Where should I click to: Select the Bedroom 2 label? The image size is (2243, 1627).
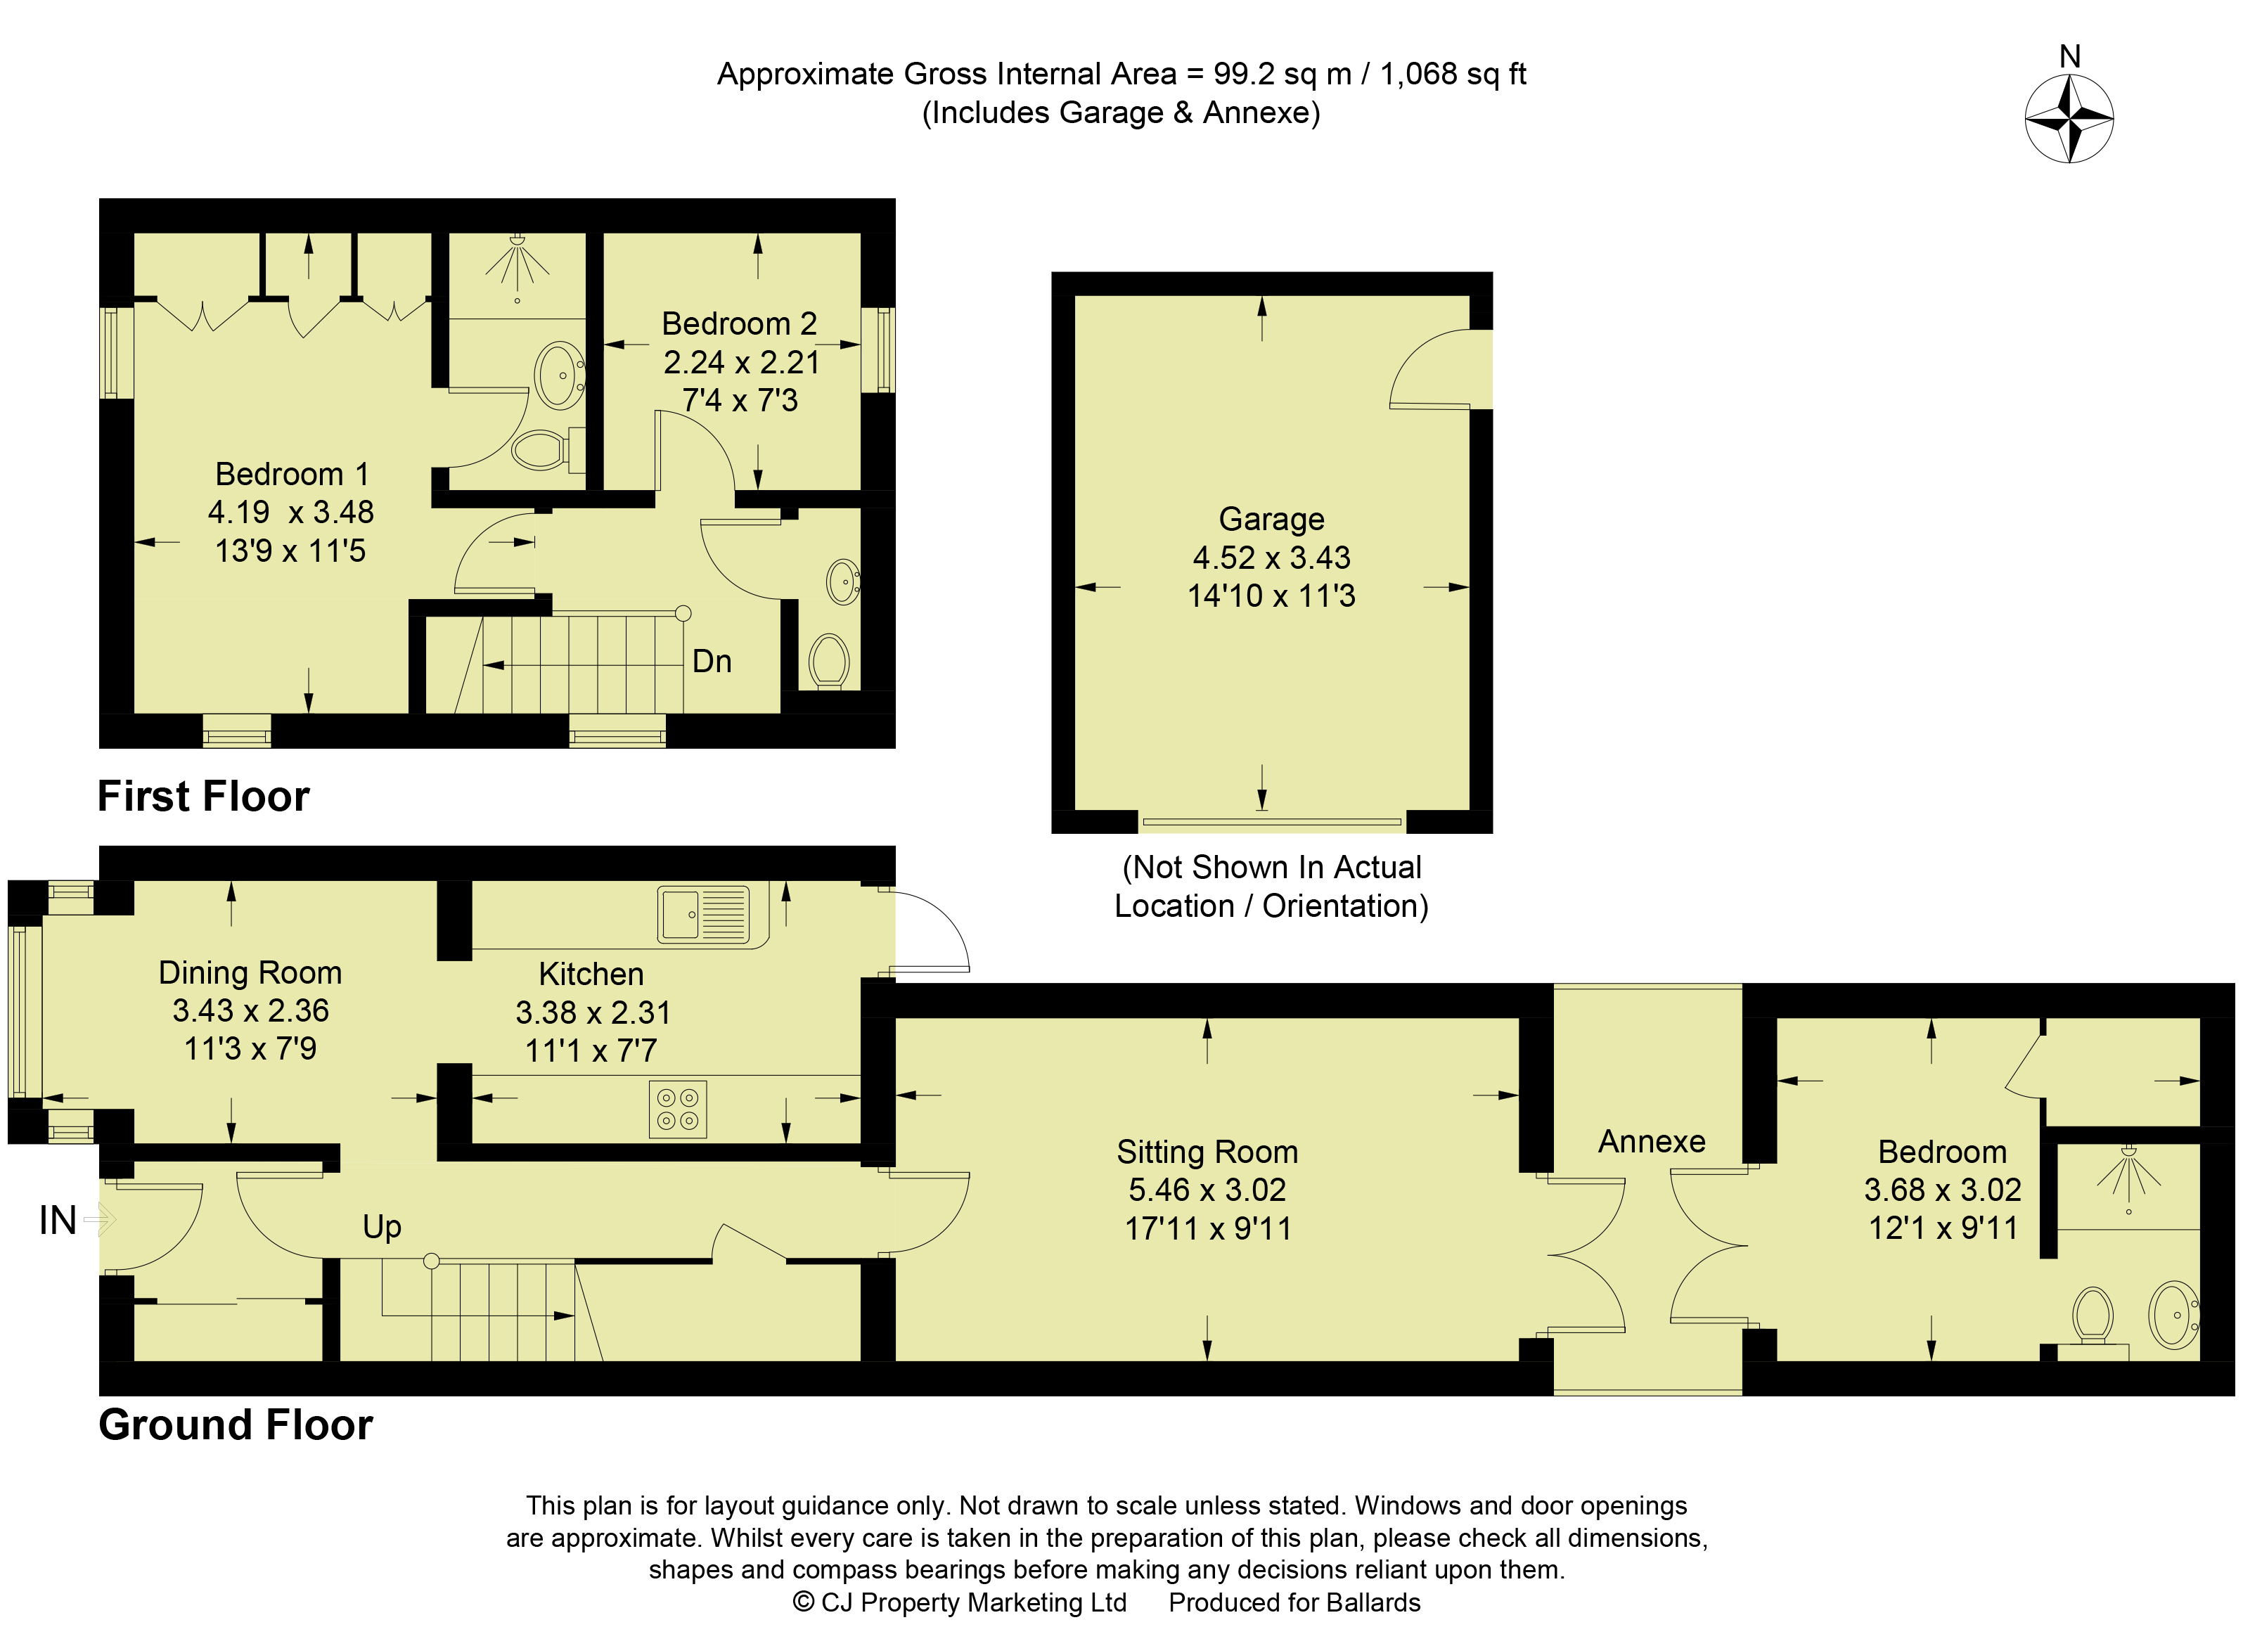[739, 323]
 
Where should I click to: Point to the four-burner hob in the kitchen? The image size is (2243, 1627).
[677, 1109]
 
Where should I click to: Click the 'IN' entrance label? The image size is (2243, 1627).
[58, 1221]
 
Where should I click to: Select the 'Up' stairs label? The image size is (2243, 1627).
[382, 1228]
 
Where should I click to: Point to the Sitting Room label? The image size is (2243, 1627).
[1207, 1152]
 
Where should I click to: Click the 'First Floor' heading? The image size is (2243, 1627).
[204, 796]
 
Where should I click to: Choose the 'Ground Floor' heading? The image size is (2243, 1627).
[236, 1425]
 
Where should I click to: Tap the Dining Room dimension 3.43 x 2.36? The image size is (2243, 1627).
[250, 1011]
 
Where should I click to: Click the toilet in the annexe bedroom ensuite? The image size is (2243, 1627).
[2092, 1318]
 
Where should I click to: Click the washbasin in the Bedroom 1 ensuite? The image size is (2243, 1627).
[559, 375]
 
